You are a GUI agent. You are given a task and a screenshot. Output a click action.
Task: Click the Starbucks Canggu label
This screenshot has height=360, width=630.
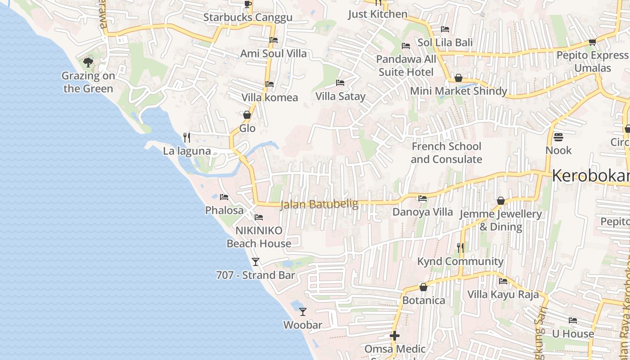247,18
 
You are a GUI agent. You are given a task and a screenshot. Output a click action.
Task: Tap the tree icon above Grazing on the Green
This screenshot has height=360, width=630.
88,62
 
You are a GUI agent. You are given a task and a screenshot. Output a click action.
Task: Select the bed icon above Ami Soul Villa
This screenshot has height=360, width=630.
273,40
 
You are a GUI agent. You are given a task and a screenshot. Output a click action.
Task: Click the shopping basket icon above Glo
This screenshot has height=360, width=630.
247,115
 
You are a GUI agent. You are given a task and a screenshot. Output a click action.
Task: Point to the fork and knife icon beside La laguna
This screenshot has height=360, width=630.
187,137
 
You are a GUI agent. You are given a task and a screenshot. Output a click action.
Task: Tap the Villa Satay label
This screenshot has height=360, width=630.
340,96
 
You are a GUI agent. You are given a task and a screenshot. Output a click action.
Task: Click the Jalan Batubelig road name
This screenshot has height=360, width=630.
319,205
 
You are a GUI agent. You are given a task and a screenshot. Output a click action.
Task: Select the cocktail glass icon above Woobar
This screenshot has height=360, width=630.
303,311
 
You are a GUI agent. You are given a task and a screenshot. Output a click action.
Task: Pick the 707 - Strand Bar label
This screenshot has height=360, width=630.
255,275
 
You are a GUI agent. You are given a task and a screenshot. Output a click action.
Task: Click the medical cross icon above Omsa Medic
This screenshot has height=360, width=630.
395,336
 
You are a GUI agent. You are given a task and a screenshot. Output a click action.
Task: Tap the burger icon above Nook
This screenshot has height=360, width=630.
558,137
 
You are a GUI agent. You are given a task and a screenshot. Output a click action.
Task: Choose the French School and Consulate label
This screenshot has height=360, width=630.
446,153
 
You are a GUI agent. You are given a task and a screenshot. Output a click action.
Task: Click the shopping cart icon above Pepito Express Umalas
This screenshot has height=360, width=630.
592,42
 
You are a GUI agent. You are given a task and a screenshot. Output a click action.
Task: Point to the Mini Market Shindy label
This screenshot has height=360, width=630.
458,91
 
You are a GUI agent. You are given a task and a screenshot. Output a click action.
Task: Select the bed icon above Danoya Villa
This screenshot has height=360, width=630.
422,198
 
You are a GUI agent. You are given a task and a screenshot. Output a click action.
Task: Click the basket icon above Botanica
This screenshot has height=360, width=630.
423,287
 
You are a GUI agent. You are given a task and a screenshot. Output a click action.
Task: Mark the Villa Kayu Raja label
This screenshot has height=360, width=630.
503,295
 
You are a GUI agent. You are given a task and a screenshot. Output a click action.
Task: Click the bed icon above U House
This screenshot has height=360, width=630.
572,320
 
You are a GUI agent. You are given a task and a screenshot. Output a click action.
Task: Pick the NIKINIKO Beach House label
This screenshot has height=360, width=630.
259,237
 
